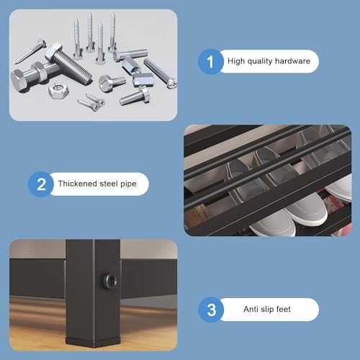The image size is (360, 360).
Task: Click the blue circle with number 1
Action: [x=210, y=61]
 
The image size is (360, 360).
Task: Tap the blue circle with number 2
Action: [x=41, y=184]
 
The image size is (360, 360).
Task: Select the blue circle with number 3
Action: [x=211, y=310]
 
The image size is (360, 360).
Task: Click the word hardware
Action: [x=292, y=61]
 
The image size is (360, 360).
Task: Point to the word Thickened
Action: [x=78, y=184]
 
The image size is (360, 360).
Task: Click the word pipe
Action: [x=128, y=184]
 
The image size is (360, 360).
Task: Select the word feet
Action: [x=283, y=309]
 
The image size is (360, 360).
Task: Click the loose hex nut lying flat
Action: [x=58, y=91]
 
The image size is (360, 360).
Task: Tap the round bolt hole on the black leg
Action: [x=110, y=280]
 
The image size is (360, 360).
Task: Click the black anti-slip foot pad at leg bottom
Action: [x=93, y=342]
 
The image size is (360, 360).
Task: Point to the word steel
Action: [x=109, y=184]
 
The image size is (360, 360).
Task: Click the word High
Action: [x=236, y=61]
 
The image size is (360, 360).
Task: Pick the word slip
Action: [x=267, y=310]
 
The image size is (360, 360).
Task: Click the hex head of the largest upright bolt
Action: [x=54, y=50]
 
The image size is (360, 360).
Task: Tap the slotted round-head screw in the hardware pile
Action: [x=112, y=82]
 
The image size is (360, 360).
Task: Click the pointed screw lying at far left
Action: [x=30, y=52]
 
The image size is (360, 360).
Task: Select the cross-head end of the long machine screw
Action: [x=173, y=84]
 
